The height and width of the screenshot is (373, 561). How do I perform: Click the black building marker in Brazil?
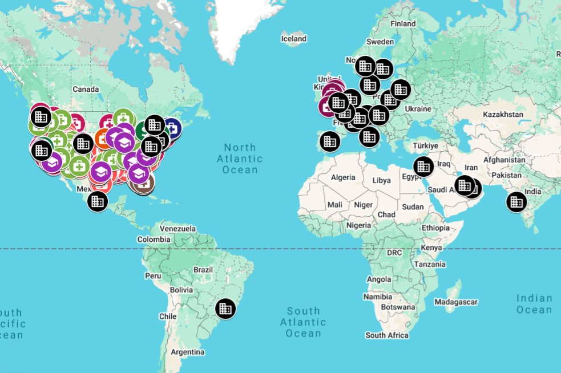pyautogui.click(x=225, y=309)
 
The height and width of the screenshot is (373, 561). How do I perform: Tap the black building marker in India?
pyautogui.click(x=516, y=201)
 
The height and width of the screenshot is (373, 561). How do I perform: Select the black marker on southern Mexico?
pyautogui.click(x=98, y=201)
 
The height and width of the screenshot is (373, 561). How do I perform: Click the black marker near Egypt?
pyautogui.click(x=422, y=166)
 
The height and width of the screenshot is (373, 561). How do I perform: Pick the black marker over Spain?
pyautogui.click(x=329, y=140)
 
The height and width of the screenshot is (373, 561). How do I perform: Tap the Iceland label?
pyautogui.click(x=294, y=39)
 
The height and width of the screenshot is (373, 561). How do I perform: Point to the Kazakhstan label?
pyautogui.click(x=503, y=115)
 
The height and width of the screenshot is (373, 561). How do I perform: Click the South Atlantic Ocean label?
pyautogui.click(x=303, y=322)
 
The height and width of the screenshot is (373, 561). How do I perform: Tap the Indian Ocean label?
pyautogui.click(x=534, y=304)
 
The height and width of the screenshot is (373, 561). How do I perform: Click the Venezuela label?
pyautogui.click(x=178, y=229)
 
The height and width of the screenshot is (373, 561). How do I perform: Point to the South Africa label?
pyautogui.click(x=387, y=335)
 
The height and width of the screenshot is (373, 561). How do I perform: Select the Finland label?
pyautogui.click(x=403, y=24)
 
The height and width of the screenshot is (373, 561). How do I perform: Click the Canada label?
pyautogui.click(x=86, y=89)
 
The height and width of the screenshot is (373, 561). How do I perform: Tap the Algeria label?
pyautogui.click(x=344, y=178)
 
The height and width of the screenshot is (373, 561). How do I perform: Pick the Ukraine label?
pyautogui.click(x=418, y=109)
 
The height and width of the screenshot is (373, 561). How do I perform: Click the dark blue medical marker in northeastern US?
pyautogui.click(x=171, y=127)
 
